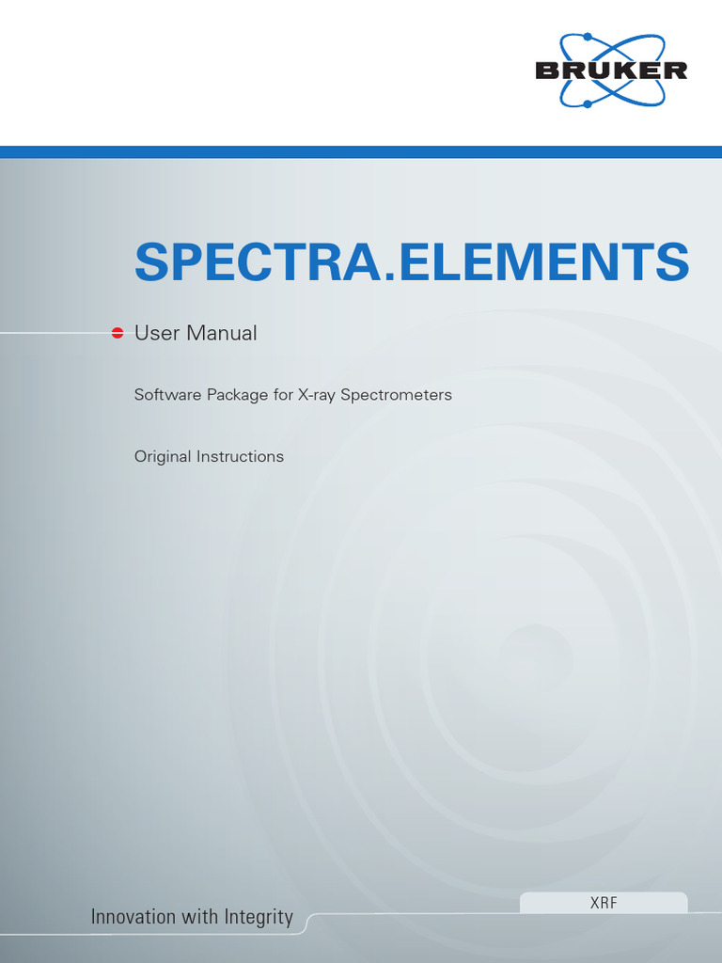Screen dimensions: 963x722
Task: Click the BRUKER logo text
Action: click(x=611, y=71)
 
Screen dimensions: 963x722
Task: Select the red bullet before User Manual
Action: click(x=118, y=333)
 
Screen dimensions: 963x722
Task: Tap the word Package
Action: click(x=235, y=396)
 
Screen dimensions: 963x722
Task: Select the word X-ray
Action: click(x=317, y=396)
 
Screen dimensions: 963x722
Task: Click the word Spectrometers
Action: click(x=396, y=396)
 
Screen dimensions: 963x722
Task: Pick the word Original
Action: click(x=163, y=457)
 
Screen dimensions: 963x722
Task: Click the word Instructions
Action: click(x=240, y=457)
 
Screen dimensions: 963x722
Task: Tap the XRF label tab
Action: click(x=604, y=903)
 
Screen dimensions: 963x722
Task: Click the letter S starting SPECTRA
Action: click(x=152, y=262)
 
